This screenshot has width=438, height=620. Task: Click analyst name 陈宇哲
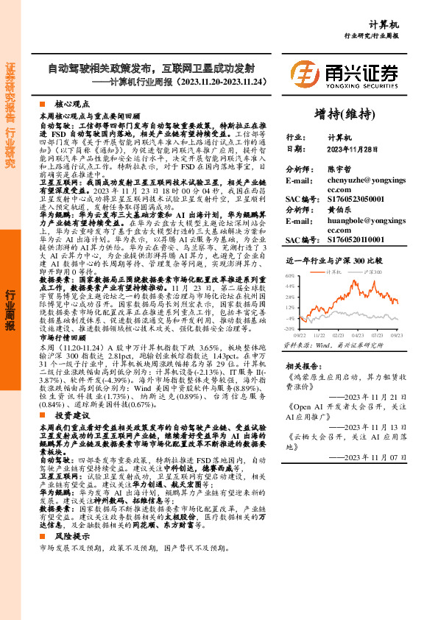[339, 169]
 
